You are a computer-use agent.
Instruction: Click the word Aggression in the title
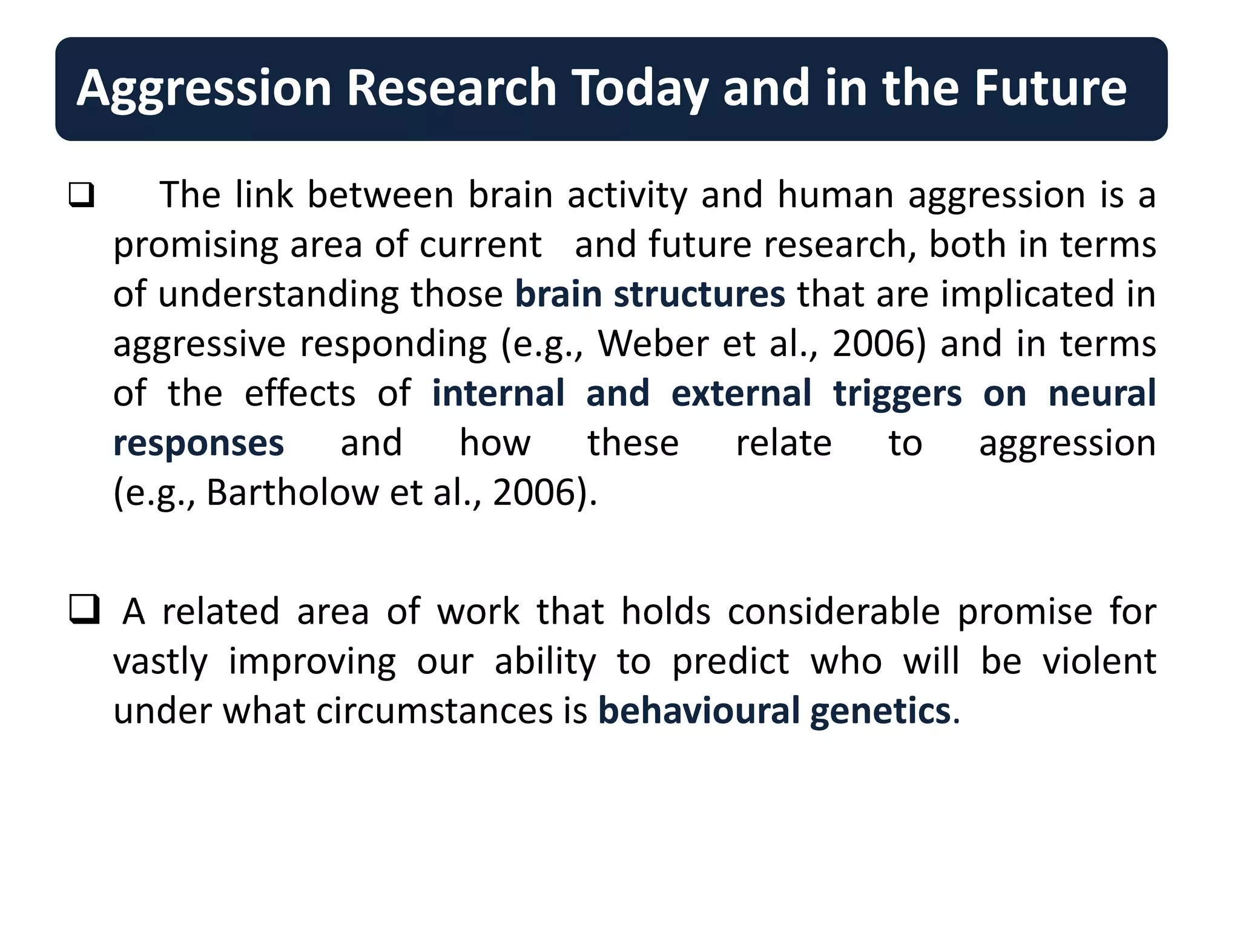click(204, 89)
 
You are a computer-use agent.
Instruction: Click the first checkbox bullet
click(82, 195)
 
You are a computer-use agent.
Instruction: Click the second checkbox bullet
click(84, 609)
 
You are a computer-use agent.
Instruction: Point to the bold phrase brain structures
click(650, 294)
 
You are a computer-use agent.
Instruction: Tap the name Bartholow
click(292, 492)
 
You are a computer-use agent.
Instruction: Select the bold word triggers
click(897, 394)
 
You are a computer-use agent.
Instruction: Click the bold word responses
click(199, 443)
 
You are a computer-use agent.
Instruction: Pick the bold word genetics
click(880, 710)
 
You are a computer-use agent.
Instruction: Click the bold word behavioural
click(699, 710)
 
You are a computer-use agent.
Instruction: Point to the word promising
click(195, 246)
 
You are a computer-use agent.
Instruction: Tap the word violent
click(1099, 661)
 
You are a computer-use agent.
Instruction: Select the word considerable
click(834, 611)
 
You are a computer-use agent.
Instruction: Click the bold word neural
click(1102, 394)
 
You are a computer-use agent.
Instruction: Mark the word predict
click(730, 661)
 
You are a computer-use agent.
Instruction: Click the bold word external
click(741, 394)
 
